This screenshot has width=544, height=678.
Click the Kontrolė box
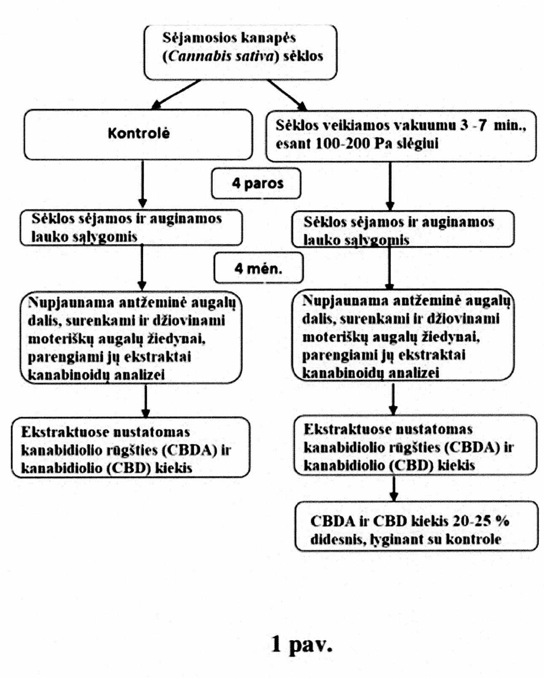138,134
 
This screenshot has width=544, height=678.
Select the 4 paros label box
256,183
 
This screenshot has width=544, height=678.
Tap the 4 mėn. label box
259,268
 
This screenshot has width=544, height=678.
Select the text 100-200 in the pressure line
343,144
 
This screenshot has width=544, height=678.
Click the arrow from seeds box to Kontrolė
176,94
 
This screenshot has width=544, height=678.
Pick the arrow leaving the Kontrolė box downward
143,184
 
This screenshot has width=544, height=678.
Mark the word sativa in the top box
258,57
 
